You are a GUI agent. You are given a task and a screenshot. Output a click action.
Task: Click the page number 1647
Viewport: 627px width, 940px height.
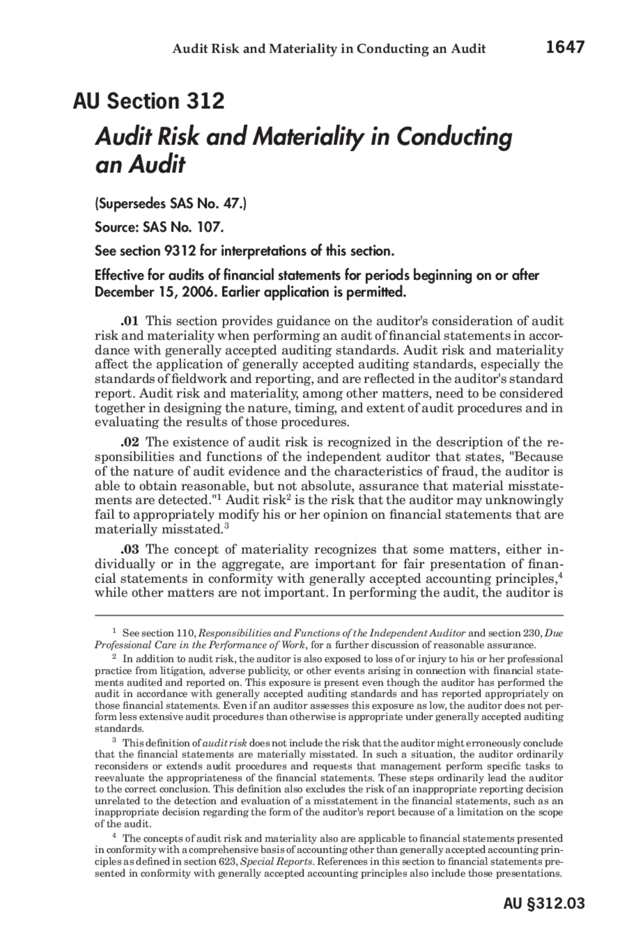pyautogui.click(x=565, y=47)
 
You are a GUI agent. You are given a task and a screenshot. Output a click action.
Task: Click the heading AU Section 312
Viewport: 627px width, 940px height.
pyautogui.click(x=148, y=101)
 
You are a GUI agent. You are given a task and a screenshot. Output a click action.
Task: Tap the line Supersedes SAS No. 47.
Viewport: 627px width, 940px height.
pyautogui.click(x=170, y=203)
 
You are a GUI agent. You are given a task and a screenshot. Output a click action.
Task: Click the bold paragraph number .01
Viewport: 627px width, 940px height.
pyautogui.click(x=130, y=321)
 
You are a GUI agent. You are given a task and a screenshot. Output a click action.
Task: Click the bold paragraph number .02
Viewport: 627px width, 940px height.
pyautogui.click(x=130, y=442)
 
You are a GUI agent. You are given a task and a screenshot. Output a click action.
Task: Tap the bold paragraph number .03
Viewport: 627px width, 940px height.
pyautogui.click(x=130, y=549)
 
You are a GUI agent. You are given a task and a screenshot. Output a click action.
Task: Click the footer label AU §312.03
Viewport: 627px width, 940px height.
pyautogui.click(x=544, y=903)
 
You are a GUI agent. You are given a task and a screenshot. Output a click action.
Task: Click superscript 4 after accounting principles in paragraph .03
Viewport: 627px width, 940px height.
pyautogui.click(x=560, y=575)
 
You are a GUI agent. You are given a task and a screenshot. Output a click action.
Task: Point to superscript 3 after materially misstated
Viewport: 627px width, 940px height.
pyautogui.click(x=227, y=526)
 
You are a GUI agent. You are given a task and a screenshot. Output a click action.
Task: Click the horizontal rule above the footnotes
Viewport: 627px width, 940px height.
pyautogui.click(x=329, y=615)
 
